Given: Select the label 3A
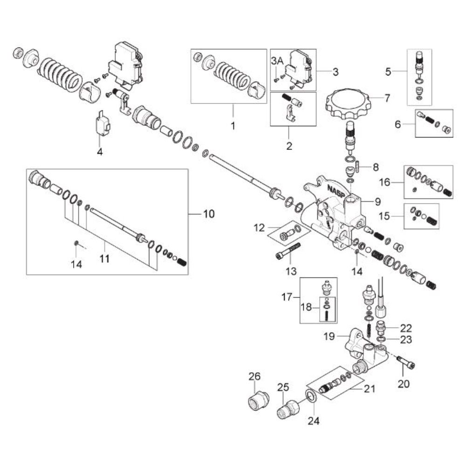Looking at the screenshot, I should pyautogui.click(x=277, y=61).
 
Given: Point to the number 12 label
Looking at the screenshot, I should pyautogui.click(x=260, y=228).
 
